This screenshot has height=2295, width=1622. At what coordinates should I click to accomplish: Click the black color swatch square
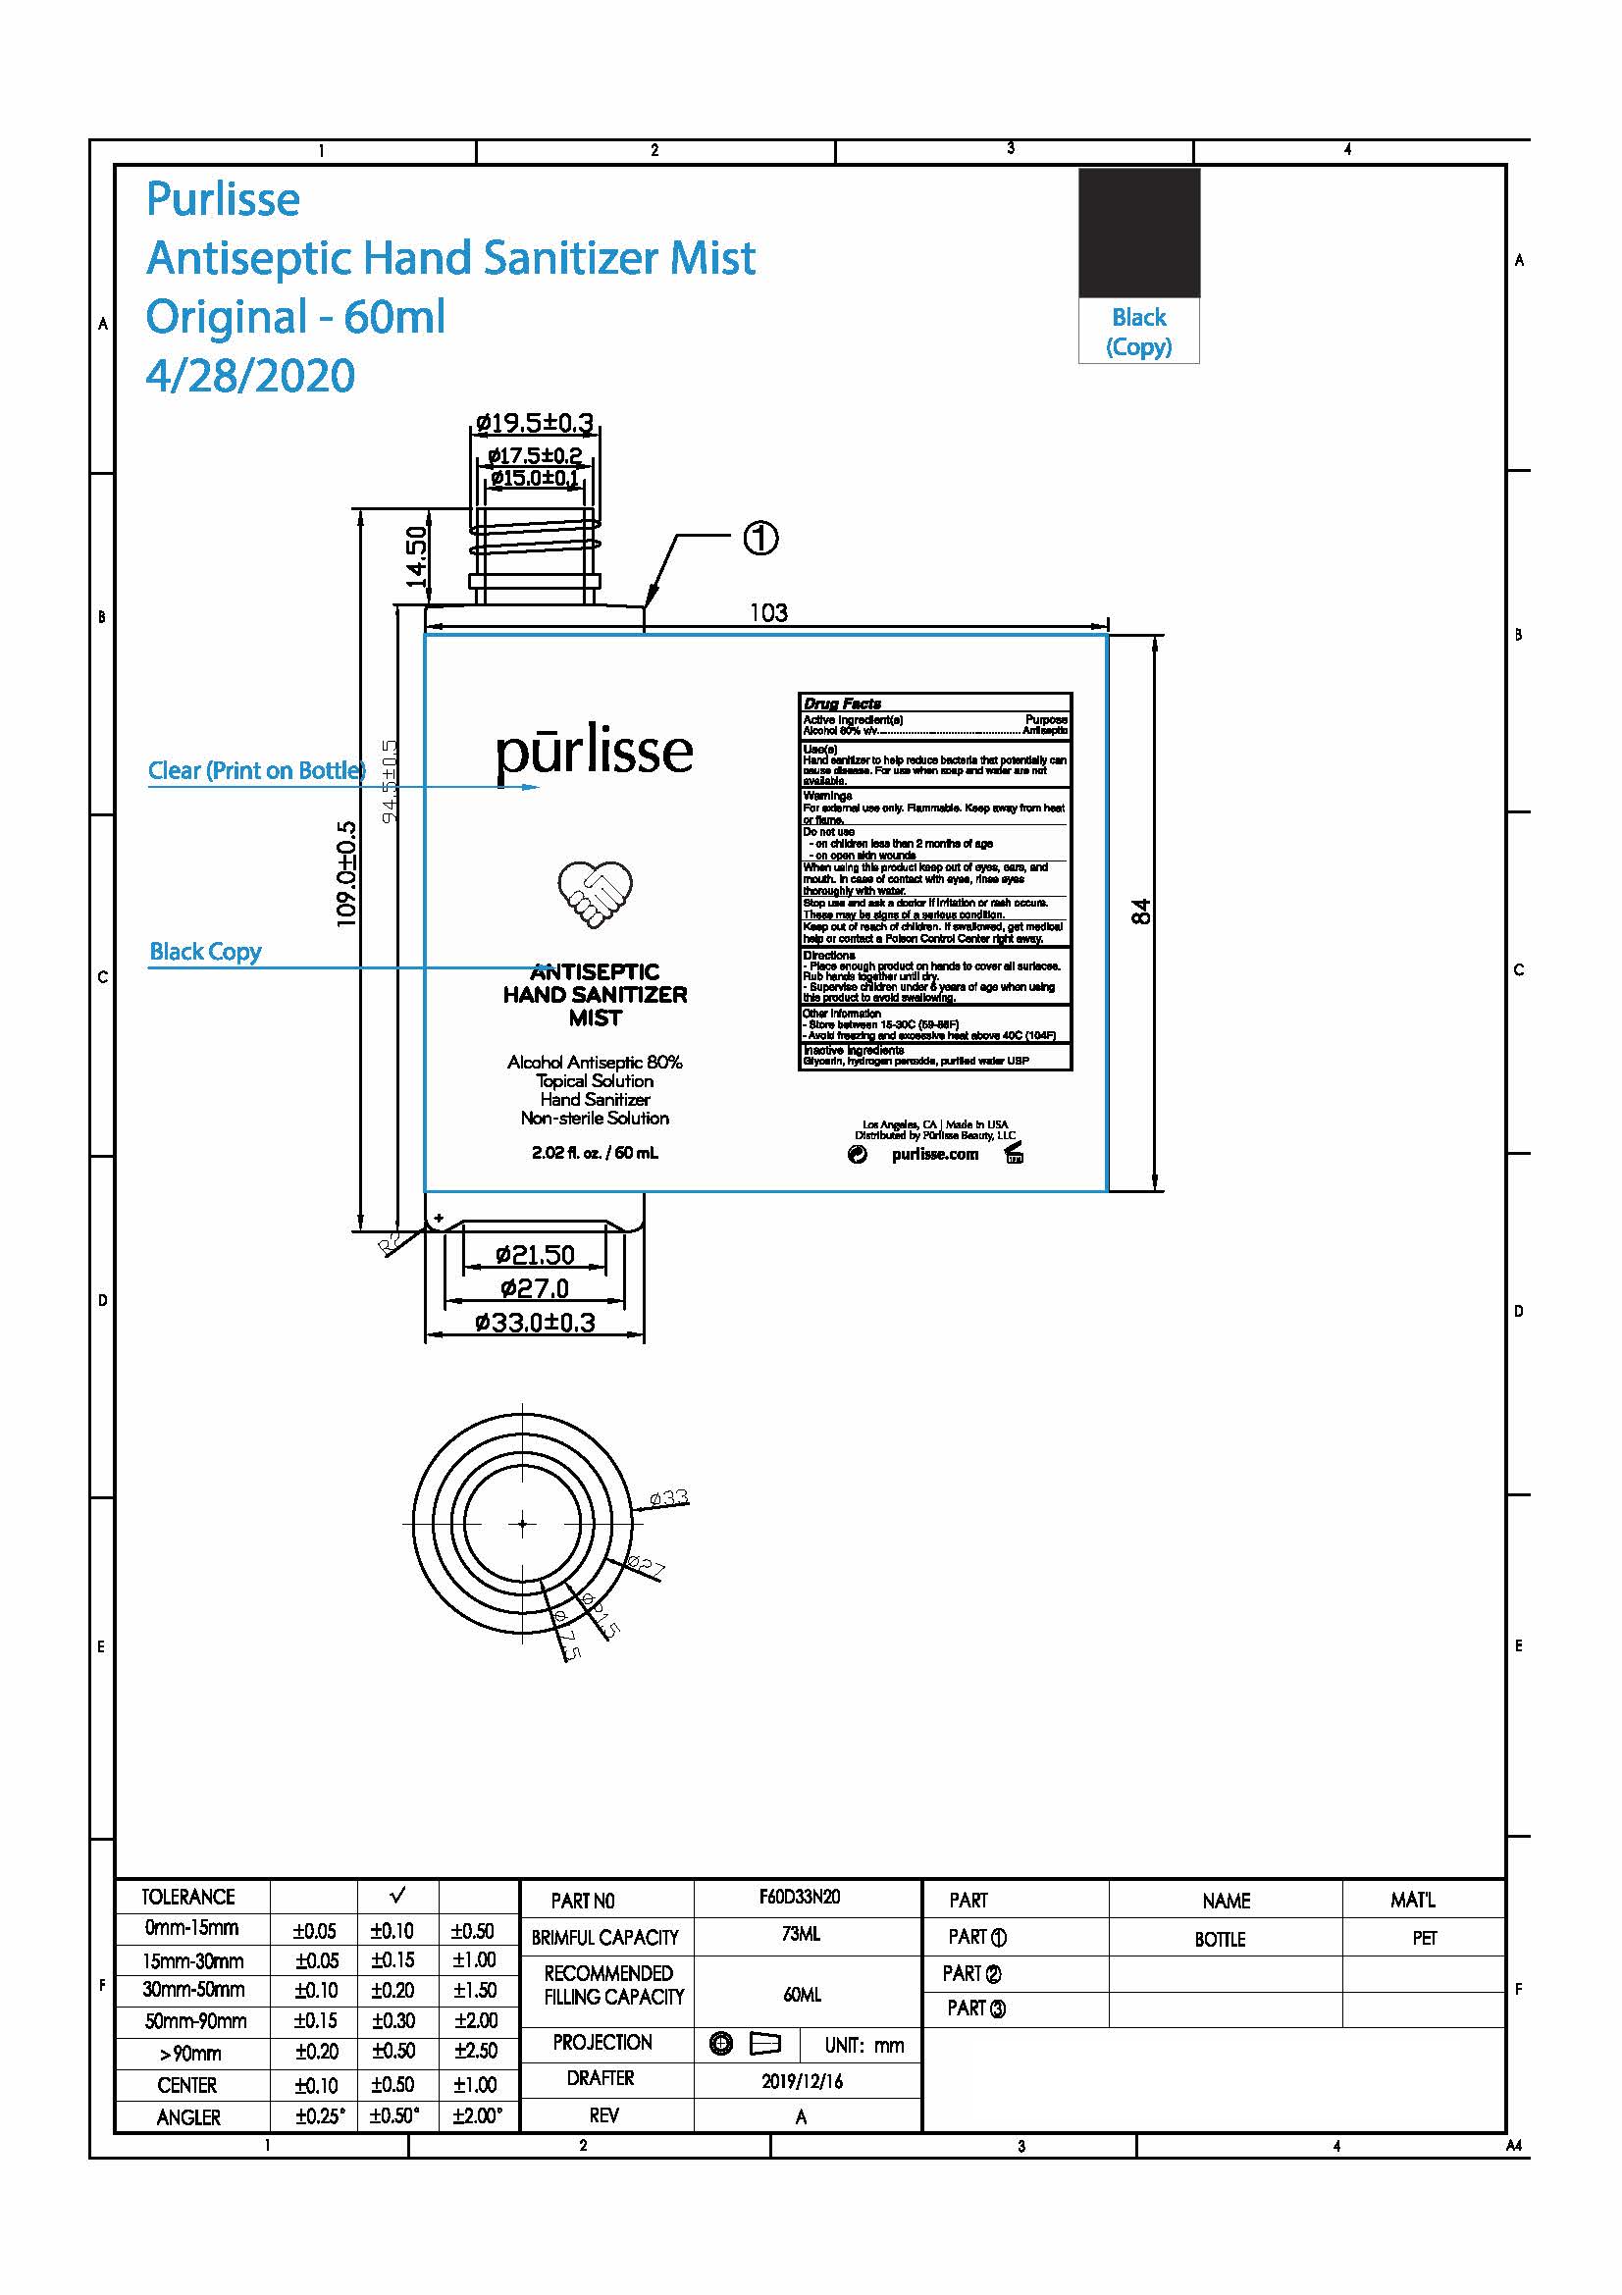point(1138,233)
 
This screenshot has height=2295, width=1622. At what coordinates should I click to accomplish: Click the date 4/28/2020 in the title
point(250,377)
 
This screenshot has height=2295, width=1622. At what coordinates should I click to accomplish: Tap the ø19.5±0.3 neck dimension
point(534,423)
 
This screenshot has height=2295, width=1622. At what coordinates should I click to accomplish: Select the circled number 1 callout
point(759,539)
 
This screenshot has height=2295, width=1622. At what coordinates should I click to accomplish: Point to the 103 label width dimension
point(768,612)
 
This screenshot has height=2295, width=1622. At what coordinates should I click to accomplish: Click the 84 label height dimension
point(1141,912)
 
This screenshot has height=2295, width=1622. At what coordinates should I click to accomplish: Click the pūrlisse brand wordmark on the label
point(595,755)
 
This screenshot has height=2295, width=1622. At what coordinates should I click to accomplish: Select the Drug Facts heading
point(843,704)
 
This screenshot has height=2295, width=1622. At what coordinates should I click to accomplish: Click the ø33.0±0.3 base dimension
point(535,1324)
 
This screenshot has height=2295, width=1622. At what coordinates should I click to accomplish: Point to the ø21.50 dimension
point(535,1256)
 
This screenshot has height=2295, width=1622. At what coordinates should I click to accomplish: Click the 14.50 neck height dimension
point(416,557)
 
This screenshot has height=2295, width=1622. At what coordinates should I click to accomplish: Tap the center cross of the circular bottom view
point(523,1525)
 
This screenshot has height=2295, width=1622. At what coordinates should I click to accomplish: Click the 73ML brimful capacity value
point(801,1935)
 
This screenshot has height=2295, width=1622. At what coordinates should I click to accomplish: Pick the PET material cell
point(1424,1938)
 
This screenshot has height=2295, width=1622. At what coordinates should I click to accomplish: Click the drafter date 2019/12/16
point(802,2081)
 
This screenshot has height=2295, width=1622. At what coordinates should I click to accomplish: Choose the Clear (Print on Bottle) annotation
point(257,770)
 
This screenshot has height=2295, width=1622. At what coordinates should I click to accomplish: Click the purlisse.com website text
point(934,1155)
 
